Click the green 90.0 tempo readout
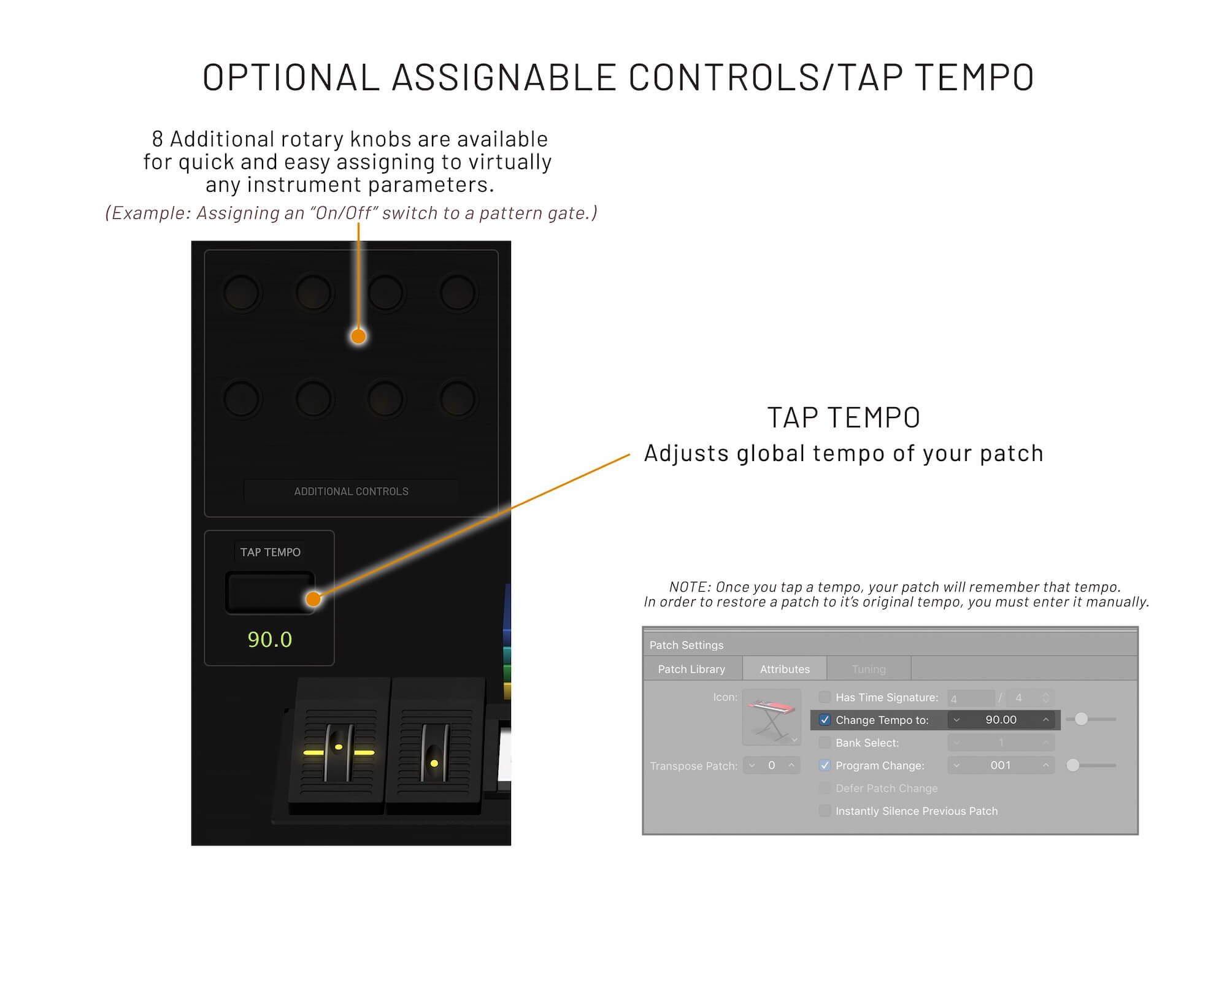point(270,639)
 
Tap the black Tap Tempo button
point(270,592)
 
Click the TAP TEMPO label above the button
point(271,552)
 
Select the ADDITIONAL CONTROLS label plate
point(351,491)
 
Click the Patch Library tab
point(691,669)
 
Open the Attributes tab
point(785,669)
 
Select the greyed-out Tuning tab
point(869,669)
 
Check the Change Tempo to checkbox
point(825,720)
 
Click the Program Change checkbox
point(825,765)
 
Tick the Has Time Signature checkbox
point(825,697)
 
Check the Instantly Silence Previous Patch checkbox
point(825,811)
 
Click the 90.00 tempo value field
point(1001,720)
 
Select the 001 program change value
point(1001,765)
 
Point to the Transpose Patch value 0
point(772,765)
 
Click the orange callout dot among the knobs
point(359,336)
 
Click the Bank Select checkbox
point(825,742)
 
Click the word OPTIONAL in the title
point(291,77)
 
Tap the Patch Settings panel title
point(687,645)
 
